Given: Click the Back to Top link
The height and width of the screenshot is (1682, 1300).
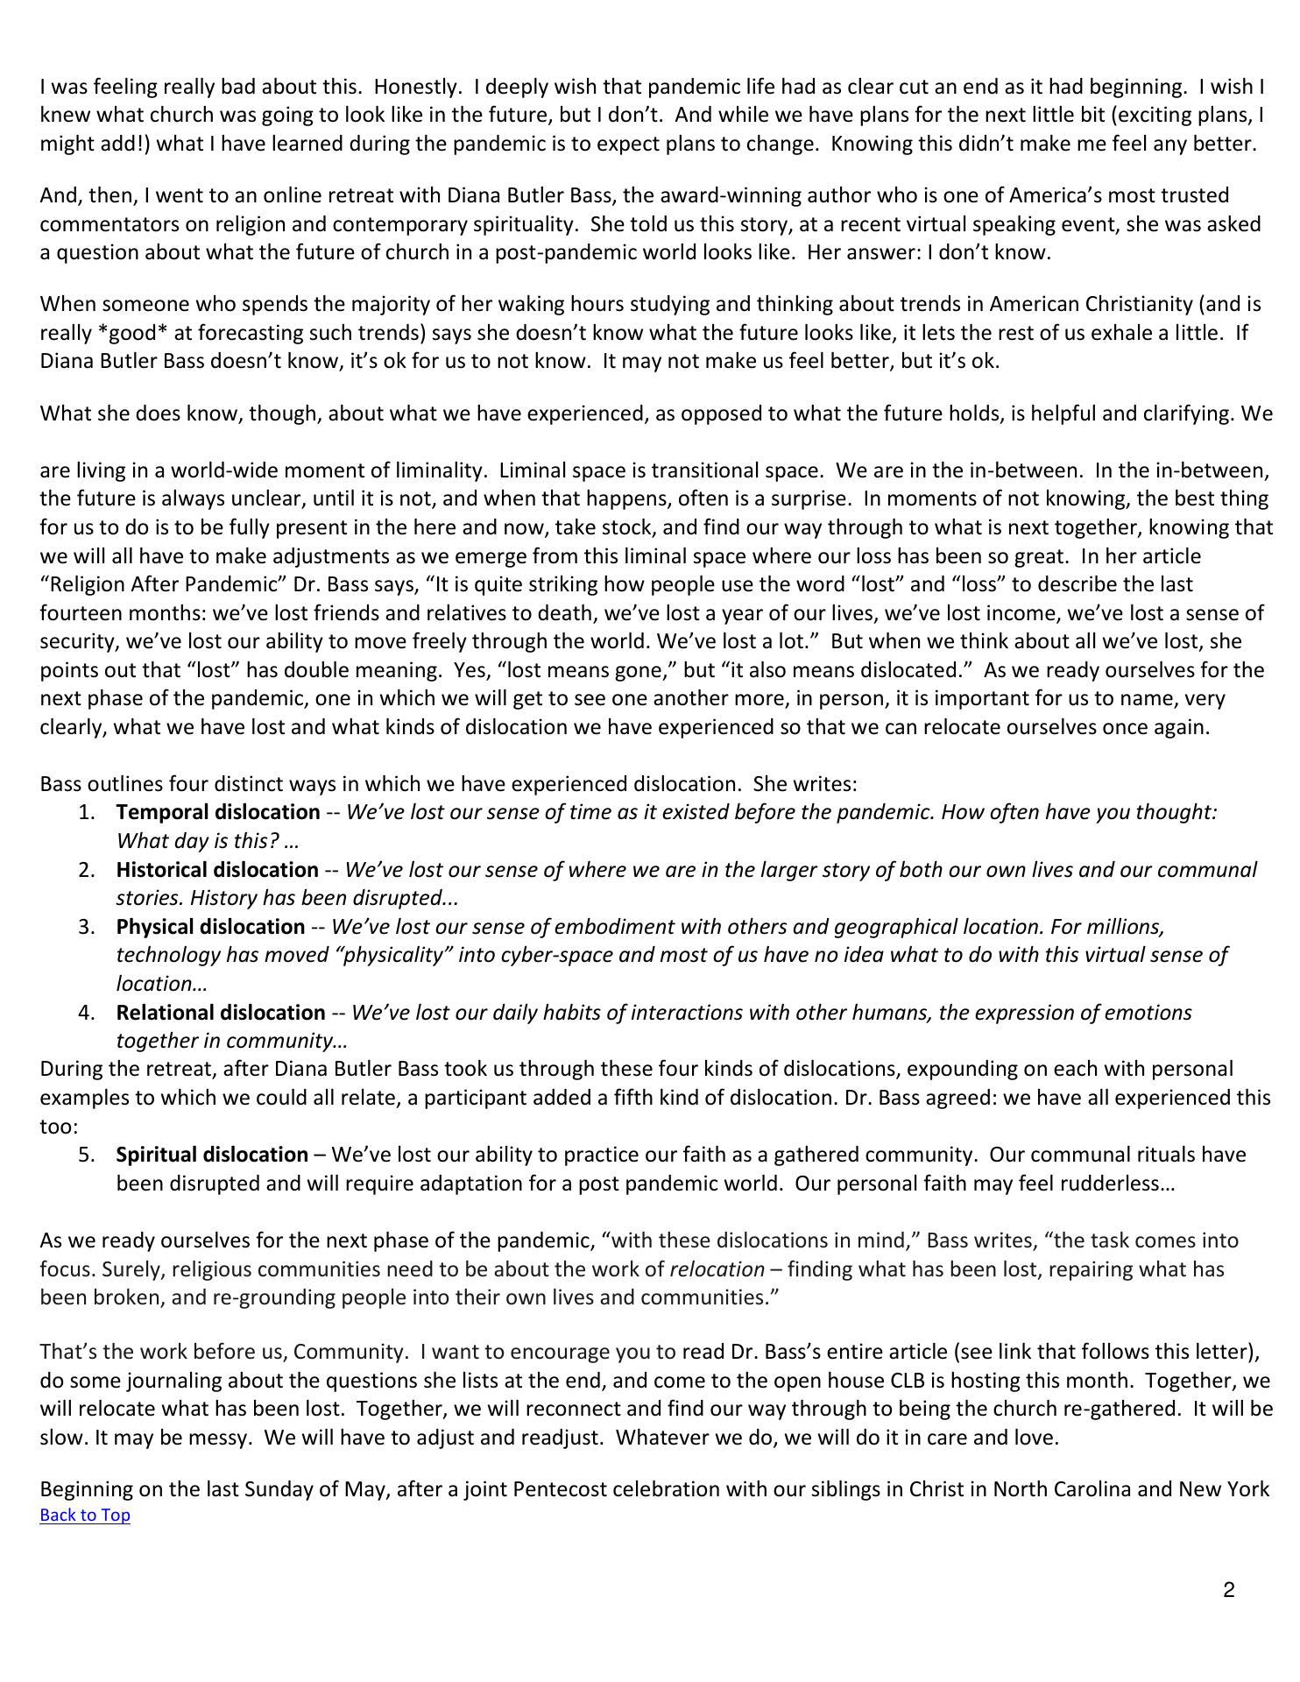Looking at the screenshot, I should click(x=85, y=1516).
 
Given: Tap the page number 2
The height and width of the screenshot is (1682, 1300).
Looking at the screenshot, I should click(x=1229, y=1590).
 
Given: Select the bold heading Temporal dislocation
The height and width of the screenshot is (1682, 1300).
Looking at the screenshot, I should click(x=218, y=812).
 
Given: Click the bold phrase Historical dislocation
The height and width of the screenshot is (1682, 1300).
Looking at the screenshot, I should click(x=217, y=870).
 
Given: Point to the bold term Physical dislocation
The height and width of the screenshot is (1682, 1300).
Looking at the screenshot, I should click(x=210, y=927).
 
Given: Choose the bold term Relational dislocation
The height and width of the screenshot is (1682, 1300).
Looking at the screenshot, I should click(x=221, y=1013).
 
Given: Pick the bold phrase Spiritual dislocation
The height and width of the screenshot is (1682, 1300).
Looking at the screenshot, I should click(x=212, y=1155).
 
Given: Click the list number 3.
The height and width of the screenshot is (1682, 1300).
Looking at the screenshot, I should click(x=86, y=927).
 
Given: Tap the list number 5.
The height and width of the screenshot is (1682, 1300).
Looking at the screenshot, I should click(x=86, y=1155).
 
